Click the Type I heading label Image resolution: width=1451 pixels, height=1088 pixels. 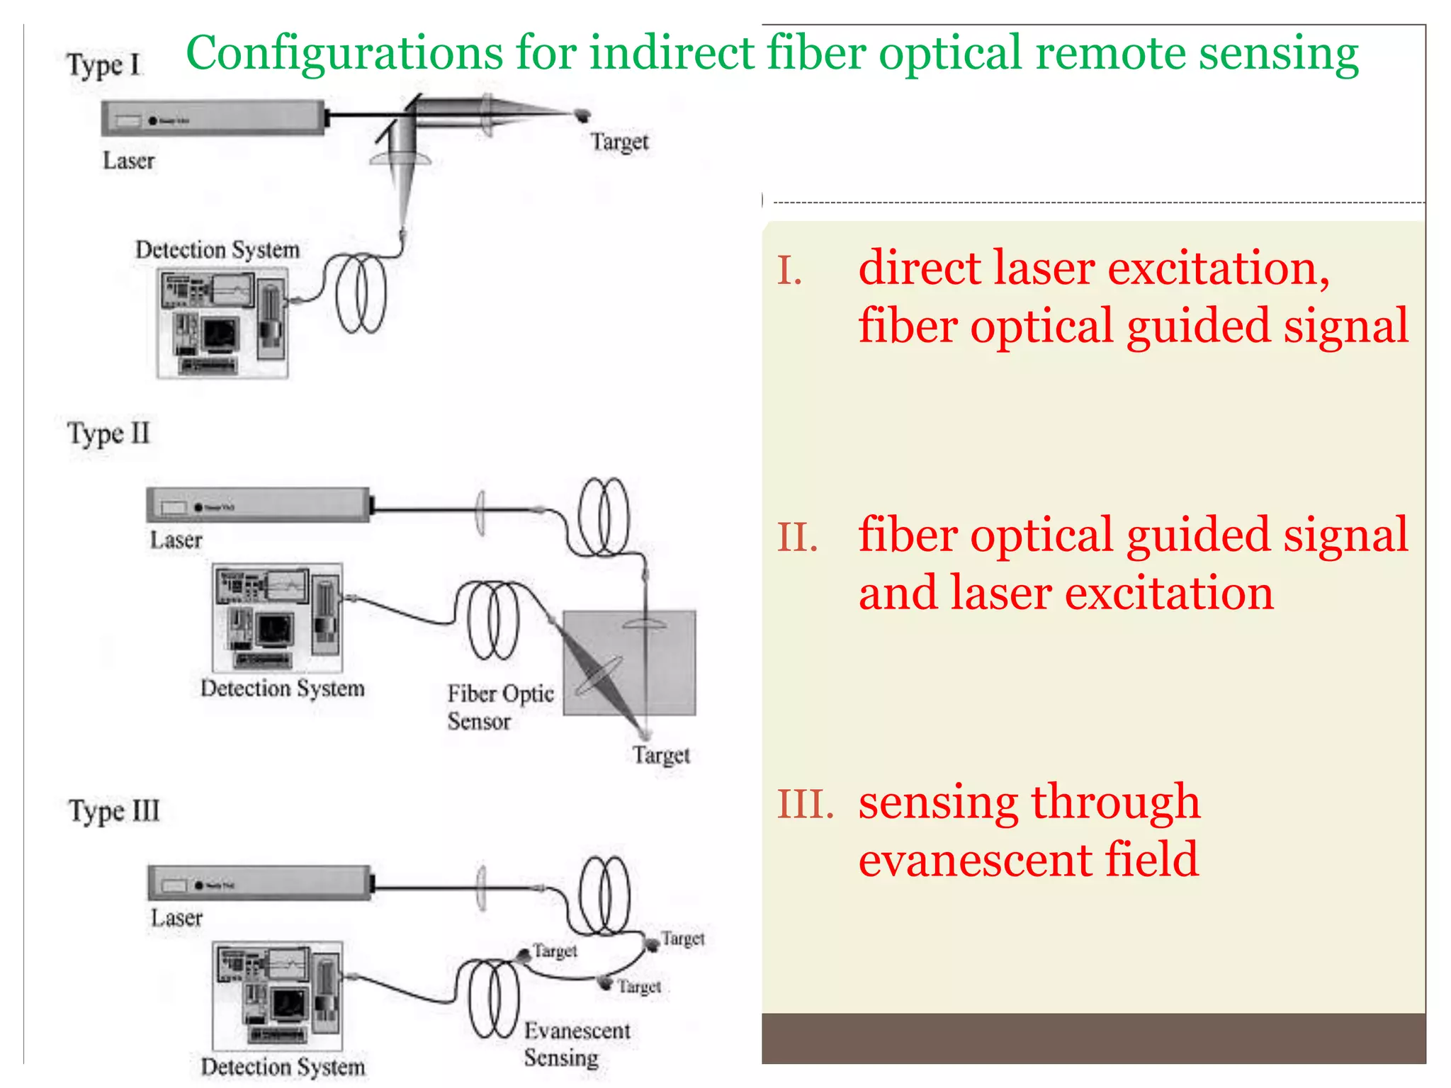(103, 65)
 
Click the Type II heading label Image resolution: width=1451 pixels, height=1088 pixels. (108, 433)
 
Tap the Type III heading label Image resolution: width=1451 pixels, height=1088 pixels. (113, 811)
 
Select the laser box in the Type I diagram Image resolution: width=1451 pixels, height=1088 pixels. (213, 118)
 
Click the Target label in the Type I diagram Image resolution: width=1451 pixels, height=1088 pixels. (619, 142)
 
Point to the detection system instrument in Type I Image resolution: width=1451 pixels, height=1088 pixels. (222, 323)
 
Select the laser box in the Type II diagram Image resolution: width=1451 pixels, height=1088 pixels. (258, 505)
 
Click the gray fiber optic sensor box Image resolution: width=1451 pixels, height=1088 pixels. (629, 662)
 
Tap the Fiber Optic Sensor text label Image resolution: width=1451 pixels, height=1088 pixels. (499, 707)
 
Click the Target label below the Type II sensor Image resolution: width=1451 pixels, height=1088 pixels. (660, 755)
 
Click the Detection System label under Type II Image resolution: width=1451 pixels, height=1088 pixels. (282, 688)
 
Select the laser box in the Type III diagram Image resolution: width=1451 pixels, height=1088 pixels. (259, 883)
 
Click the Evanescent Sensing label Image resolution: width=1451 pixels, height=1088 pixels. (576, 1044)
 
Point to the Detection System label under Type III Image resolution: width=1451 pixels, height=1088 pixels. (282, 1067)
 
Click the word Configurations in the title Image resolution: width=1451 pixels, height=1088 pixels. (344, 54)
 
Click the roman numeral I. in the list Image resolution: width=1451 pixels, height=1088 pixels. (789, 271)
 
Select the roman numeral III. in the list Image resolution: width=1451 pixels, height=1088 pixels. (805, 805)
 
